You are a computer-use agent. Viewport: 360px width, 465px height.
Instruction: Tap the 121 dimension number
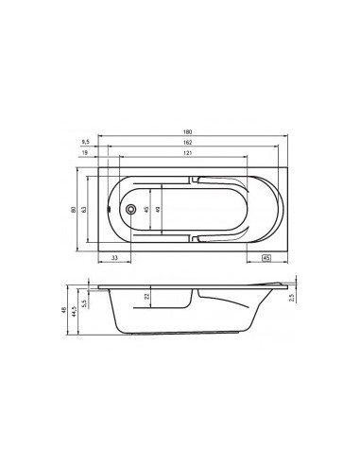tap(188, 153)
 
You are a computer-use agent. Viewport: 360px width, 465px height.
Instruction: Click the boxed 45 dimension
tap(266, 257)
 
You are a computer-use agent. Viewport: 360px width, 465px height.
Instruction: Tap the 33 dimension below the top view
tap(113, 257)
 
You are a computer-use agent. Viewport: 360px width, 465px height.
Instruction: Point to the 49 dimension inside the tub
tap(159, 210)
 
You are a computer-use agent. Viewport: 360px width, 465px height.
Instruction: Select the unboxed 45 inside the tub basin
tap(146, 210)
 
